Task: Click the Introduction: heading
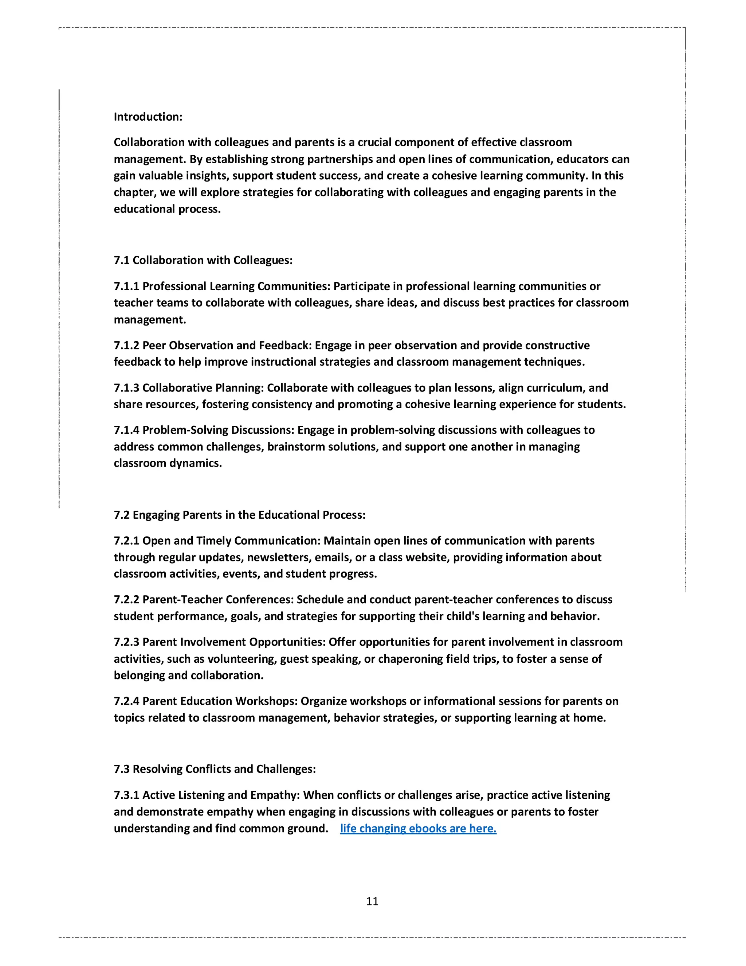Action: click(148, 117)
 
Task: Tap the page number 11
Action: click(372, 901)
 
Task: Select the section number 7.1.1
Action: click(126, 286)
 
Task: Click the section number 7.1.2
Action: click(126, 345)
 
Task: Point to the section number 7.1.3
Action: click(126, 387)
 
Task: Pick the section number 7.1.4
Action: click(126, 430)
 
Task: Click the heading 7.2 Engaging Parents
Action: click(240, 515)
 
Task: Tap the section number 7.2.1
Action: click(126, 541)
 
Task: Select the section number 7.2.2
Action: click(126, 599)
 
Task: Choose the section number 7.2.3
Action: click(126, 642)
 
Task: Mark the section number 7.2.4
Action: click(126, 701)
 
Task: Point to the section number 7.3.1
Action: click(126, 795)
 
